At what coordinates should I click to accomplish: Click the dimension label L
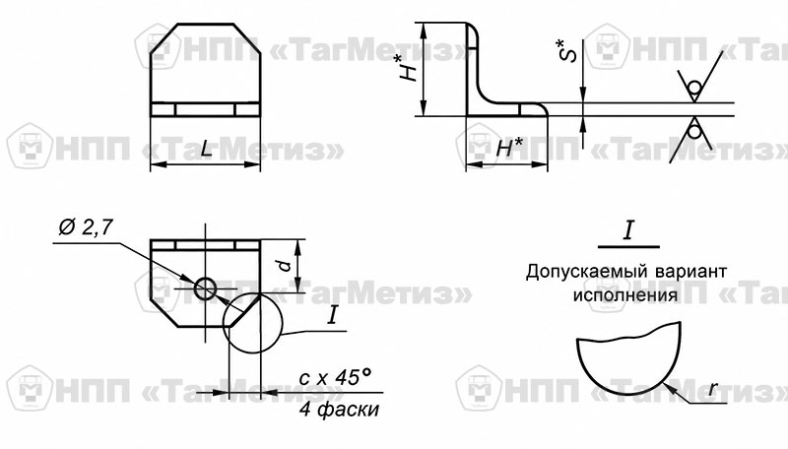coord(206,149)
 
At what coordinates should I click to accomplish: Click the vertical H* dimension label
coord(410,68)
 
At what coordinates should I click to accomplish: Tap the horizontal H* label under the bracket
coord(509,147)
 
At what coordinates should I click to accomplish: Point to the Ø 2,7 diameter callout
coord(86,227)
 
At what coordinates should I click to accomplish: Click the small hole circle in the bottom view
coord(206,289)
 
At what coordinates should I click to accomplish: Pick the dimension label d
coord(285,266)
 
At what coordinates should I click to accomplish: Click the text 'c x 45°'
coord(335,377)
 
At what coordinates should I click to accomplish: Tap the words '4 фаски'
coord(340,410)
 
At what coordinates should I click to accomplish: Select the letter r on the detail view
coord(712,389)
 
